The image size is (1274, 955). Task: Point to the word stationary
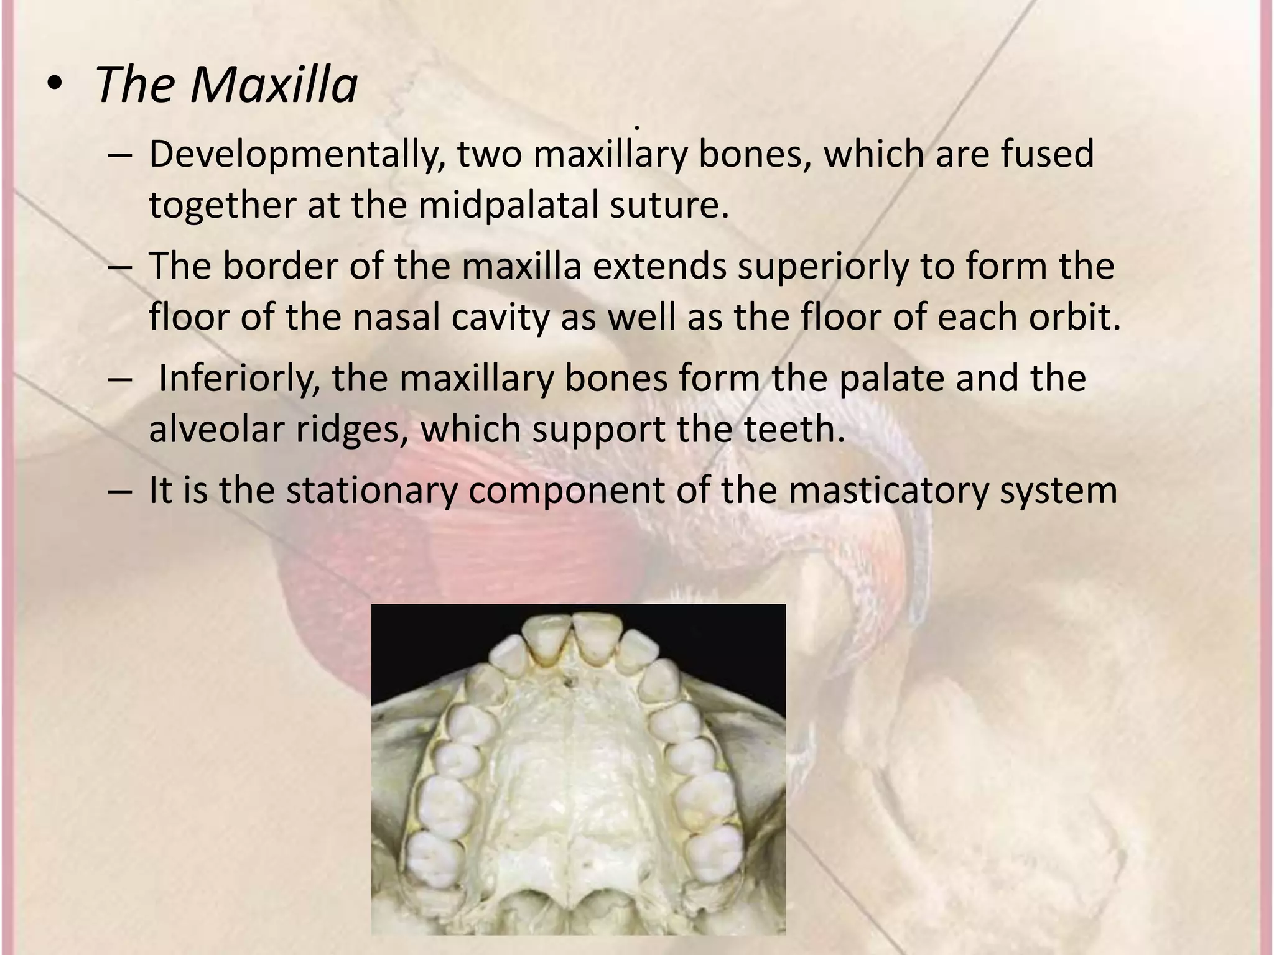click(x=370, y=491)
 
